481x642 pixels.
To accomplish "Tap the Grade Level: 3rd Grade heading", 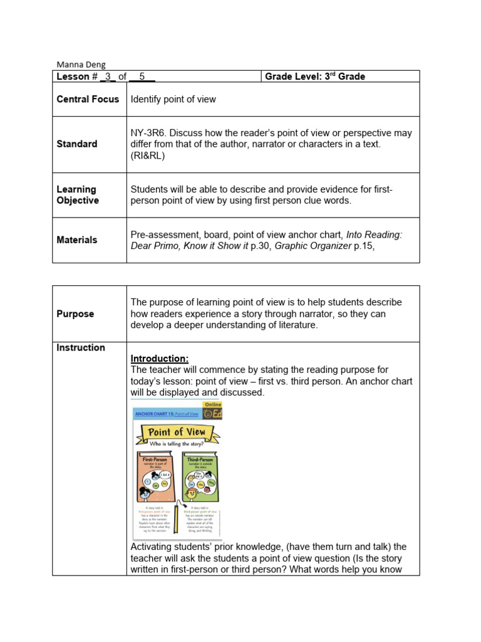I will tap(314, 76).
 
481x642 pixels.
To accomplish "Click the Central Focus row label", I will tap(88, 99).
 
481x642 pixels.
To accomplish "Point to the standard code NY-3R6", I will tap(150, 133).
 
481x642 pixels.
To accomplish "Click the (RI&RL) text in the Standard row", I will tap(148, 155).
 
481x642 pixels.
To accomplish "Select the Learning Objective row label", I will tap(78, 194).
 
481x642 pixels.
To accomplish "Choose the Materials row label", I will tap(77, 239).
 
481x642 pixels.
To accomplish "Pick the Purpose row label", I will tap(75, 313).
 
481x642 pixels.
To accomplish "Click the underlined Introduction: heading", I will tap(159, 359).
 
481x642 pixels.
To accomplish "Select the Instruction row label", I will tap(81, 347).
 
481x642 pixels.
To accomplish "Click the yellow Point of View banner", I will tap(176, 432).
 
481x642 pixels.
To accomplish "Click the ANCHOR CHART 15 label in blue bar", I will tap(158, 414).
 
